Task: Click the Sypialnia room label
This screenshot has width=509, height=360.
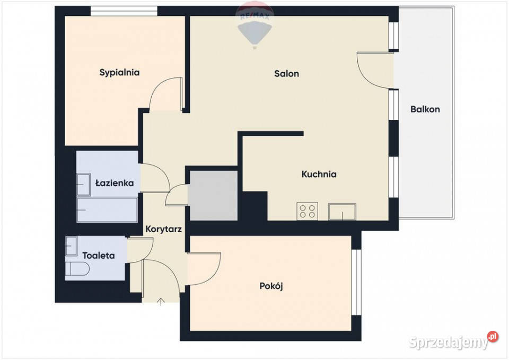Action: (119, 73)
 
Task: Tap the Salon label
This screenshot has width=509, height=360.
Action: (287, 74)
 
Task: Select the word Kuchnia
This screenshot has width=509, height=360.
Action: (319, 174)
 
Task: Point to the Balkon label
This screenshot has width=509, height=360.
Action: (425, 109)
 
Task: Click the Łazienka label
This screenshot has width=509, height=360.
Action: (115, 183)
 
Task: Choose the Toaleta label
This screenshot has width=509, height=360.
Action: (99, 256)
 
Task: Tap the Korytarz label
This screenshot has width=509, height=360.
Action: (163, 229)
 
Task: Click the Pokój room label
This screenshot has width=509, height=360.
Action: (271, 286)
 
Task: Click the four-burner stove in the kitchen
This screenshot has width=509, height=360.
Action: (307, 211)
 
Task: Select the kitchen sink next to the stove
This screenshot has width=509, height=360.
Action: (342, 212)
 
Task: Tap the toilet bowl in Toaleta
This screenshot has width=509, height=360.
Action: (77, 269)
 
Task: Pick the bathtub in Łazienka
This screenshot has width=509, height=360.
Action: (107, 210)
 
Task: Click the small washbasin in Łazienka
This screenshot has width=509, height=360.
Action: (83, 185)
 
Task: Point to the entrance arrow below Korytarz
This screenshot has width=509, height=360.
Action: (161, 302)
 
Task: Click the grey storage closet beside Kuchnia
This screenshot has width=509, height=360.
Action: (214, 196)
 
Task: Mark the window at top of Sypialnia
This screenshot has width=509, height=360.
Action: (124, 11)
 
